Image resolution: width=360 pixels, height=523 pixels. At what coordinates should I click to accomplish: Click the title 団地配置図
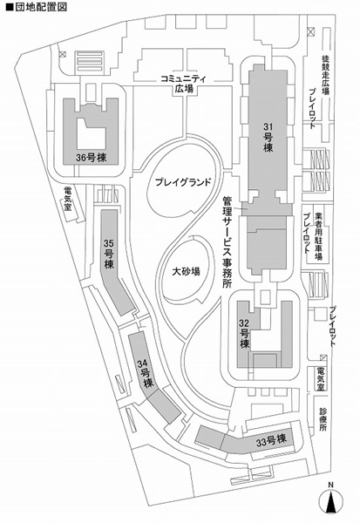point(36,7)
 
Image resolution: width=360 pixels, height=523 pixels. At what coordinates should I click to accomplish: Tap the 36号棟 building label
point(91,158)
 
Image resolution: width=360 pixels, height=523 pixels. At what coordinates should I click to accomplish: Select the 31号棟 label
point(268,137)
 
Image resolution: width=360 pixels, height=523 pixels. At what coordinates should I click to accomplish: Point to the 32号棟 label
point(245,334)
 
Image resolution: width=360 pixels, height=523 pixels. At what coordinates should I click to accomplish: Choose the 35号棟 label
point(109,255)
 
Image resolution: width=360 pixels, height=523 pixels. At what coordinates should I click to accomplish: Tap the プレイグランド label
point(184,182)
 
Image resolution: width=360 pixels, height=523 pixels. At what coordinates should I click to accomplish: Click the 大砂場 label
point(187,271)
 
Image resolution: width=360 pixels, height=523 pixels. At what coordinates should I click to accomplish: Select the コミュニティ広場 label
point(184,84)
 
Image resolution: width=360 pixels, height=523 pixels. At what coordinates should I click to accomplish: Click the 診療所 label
point(323,419)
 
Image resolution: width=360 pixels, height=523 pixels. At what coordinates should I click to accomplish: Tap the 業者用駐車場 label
point(319,237)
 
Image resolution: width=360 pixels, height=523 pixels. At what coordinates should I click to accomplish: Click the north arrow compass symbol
point(330,502)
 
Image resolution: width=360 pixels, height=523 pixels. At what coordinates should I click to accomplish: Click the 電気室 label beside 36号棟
point(68,199)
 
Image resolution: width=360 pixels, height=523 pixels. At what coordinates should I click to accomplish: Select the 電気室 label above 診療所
point(321,379)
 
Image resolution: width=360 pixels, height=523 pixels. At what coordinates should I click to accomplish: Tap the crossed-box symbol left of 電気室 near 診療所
point(323,358)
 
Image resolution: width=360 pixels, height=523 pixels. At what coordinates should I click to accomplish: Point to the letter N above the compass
point(330,485)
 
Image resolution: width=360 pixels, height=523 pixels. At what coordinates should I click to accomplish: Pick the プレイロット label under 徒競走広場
point(313,109)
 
